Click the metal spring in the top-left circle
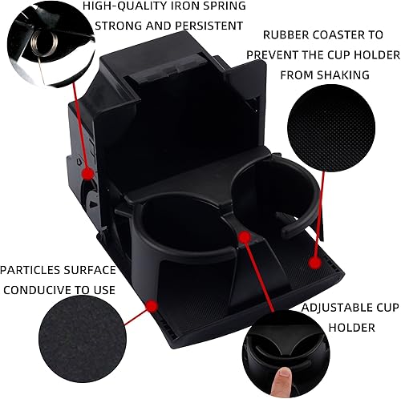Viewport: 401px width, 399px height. click(35, 44)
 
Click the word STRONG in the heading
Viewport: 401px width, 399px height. click(117, 25)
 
